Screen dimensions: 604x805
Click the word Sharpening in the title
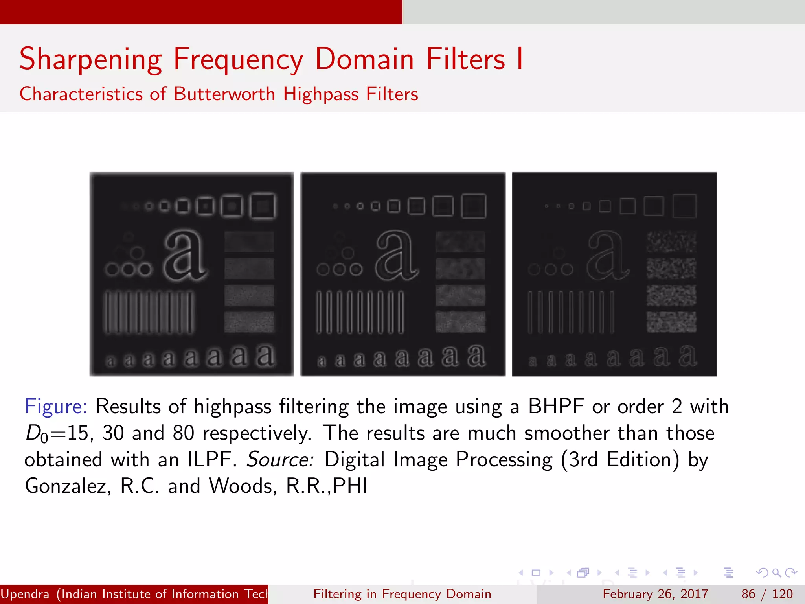click(91, 59)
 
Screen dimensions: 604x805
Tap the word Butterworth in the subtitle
click(224, 94)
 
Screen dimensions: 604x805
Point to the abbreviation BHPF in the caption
click(556, 406)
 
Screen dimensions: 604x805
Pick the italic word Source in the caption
click(280, 459)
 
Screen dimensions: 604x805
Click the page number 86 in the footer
click(748, 594)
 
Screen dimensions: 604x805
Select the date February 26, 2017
click(655, 594)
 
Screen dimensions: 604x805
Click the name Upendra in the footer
click(25, 594)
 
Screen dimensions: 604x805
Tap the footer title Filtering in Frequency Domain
click(402, 594)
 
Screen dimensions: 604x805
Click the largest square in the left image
click(263, 206)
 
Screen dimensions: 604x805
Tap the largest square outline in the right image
click(684, 206)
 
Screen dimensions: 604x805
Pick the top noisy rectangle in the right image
click(671, 241)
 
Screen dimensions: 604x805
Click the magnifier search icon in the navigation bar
click(776, 573)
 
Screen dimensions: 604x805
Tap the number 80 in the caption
click(183, 433)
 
